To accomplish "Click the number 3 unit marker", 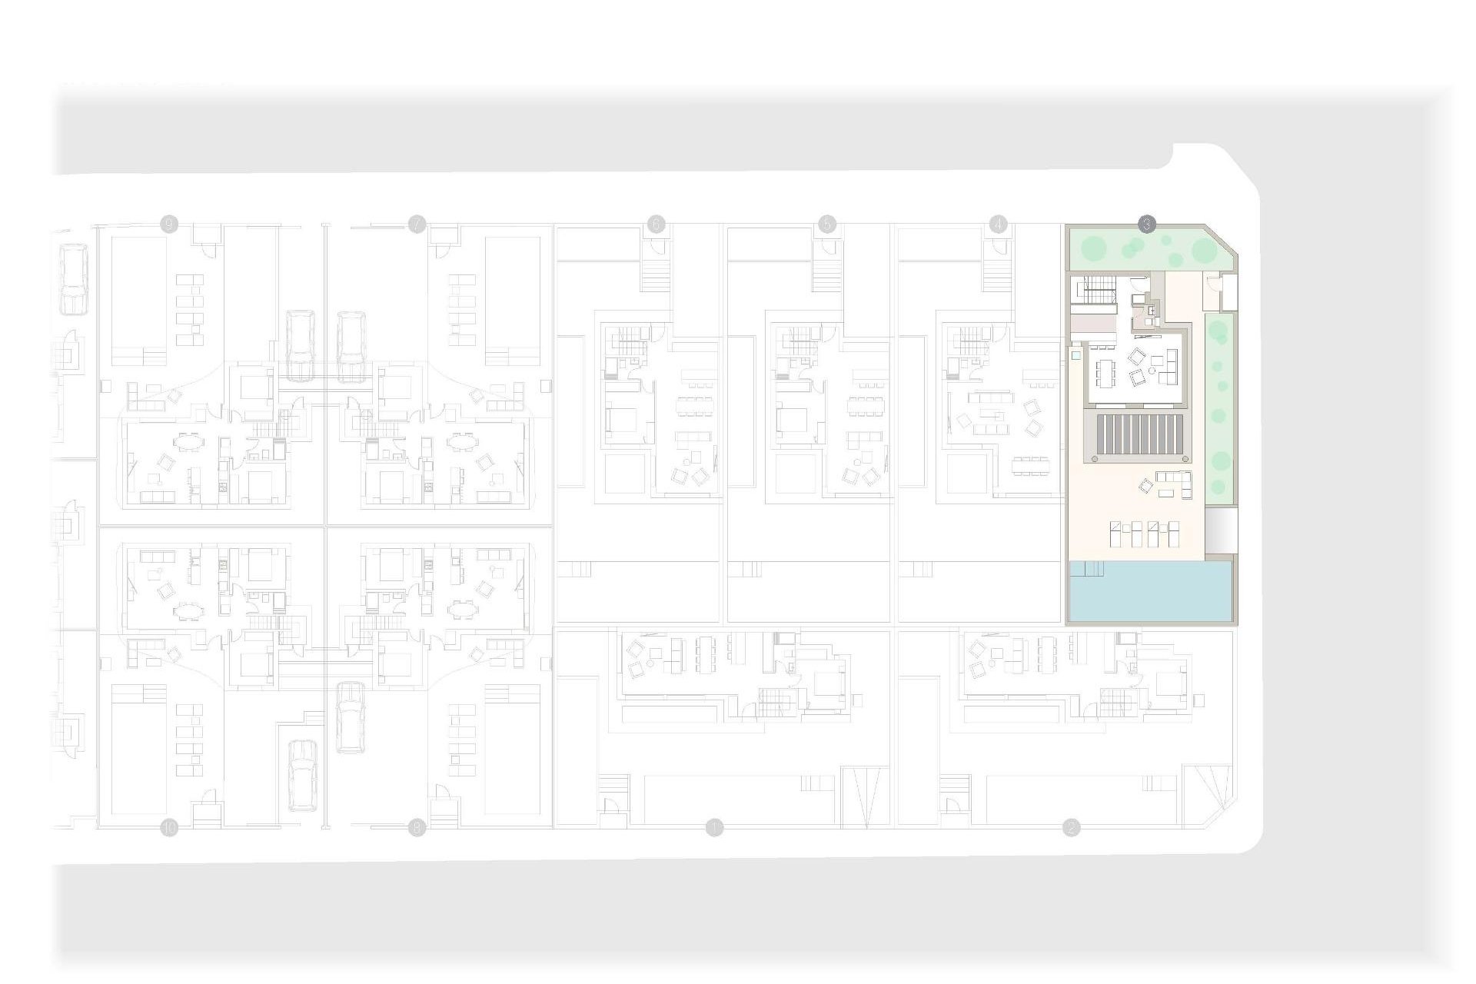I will tap(1146, 224).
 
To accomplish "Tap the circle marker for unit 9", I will tap(168, 224).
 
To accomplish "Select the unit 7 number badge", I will tap(417, 224).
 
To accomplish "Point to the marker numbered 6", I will tap(656, 224).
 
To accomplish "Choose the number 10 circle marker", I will tap(168, 828).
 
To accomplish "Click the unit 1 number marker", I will tap(715, 828).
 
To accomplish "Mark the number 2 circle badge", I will tap(1071, 828).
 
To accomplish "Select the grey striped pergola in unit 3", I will tap(1142, 436).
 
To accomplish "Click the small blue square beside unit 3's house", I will tap(1075, 357).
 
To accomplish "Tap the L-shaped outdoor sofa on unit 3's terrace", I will tap(1172, 482).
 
